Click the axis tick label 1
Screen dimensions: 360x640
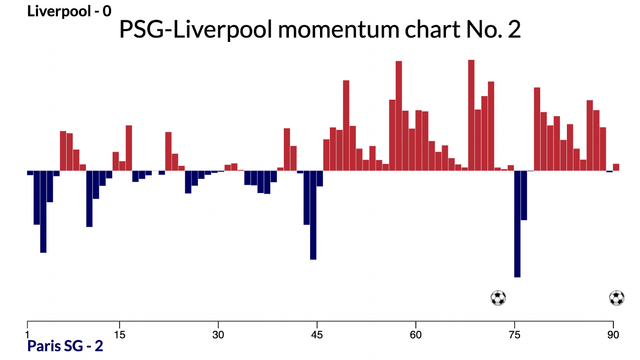pos(27,334)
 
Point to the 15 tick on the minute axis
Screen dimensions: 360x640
pos(119,334)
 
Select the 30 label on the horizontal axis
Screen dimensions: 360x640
pos(218,334)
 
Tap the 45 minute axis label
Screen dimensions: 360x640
pos(317,334)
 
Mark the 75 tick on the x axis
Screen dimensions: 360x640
pos(515,334)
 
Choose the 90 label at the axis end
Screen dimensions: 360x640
pos(613,334)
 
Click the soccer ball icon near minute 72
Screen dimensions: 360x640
pos(498,298)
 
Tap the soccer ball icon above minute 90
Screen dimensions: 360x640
pos(617,298)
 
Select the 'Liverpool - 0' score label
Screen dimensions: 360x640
pos(70,11)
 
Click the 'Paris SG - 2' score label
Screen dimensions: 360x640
pos(65,346)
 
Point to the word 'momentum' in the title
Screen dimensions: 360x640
pos(335,31)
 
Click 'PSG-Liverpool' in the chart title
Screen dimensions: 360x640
pos(195,31)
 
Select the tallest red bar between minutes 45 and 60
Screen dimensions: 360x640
pos(399,116)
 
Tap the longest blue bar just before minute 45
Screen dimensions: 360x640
pos(313,215)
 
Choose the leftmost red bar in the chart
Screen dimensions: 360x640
pos(63,151)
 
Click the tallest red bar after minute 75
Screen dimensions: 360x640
pos(537,129)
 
